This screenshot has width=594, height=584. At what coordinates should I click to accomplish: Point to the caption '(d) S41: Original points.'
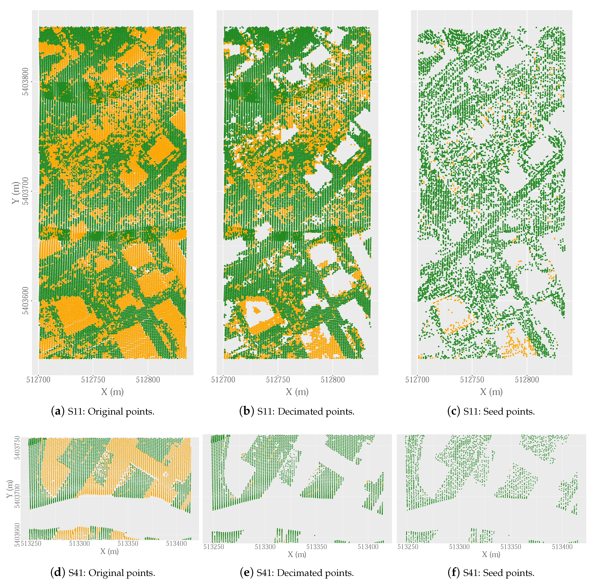tap(103, 573)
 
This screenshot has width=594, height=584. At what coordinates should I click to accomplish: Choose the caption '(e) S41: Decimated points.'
tap(297, 573)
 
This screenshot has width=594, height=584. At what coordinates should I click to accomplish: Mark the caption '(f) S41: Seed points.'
tap(491, 573)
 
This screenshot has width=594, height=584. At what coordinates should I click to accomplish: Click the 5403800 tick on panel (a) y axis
tap(26, 82)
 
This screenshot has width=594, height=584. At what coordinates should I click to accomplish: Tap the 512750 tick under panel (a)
tap(93, 380)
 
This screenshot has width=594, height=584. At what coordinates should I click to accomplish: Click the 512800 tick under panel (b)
tap(333, 380)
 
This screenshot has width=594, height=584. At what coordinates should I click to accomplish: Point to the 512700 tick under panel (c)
tap(417, 380)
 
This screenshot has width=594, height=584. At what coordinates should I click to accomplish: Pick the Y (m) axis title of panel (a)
tap(15, 193)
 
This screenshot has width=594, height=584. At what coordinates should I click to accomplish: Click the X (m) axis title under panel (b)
tap(297, 392)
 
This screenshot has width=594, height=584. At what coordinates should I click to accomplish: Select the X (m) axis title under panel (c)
tap(491, 392)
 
